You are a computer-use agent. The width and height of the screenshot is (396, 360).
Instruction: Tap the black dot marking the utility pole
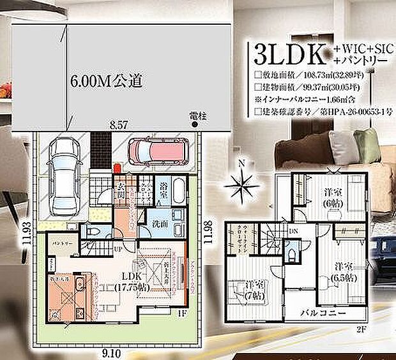pyautogui.click(x=194, y=124)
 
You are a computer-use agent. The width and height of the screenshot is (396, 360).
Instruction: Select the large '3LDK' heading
pyautogui.click(x=289, y=54)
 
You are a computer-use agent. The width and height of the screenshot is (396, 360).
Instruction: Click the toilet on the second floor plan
pyautogui.click(x=293, y=254)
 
